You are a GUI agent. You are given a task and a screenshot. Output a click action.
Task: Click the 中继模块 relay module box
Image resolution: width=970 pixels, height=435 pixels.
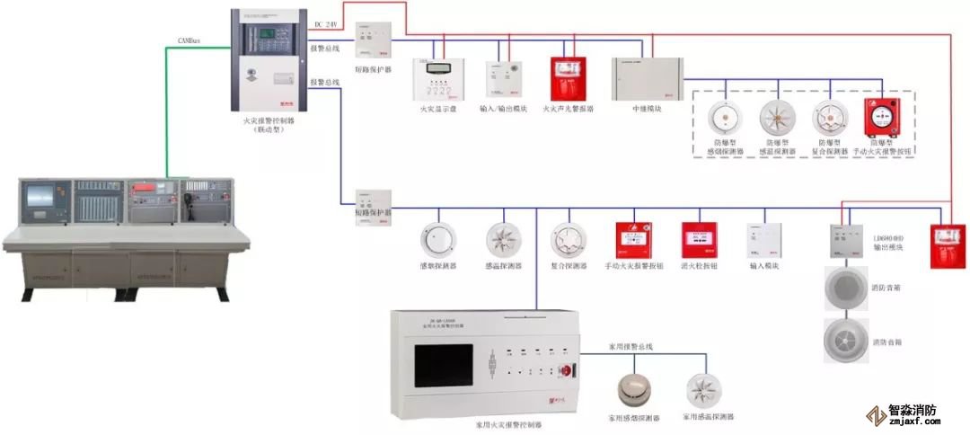(x=647, y=79)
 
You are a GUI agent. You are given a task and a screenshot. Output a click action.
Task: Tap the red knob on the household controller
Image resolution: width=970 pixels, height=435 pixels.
(x=567, y=369)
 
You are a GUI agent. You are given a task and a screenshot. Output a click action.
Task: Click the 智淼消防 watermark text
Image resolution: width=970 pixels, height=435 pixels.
(x=913, y=411)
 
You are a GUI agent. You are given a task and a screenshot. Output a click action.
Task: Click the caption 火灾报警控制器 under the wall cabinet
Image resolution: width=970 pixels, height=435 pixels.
(x=267, y=120)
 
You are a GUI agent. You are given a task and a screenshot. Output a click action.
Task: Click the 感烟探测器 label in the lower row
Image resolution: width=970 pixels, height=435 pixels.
(x=437, y=266)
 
